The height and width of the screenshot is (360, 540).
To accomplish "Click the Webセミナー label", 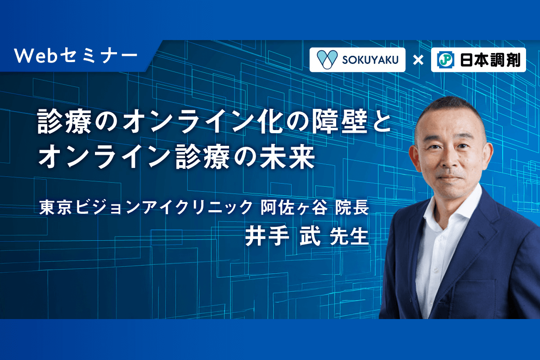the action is pos(76,56).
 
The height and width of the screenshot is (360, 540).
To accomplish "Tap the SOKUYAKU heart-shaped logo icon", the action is pos(327,59).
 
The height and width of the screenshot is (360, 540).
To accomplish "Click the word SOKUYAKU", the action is pos(370,60).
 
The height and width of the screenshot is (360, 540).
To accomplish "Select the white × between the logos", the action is pos(418,60).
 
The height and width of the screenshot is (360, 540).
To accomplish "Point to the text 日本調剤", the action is pos(490,60).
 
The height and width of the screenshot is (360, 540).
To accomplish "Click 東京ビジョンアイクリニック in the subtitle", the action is pos(146,207).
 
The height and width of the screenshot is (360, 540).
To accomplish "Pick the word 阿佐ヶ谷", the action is pos(294,207).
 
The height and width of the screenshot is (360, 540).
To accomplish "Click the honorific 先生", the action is pos(349,237).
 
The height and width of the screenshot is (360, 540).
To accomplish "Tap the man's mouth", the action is pos(450,179).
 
